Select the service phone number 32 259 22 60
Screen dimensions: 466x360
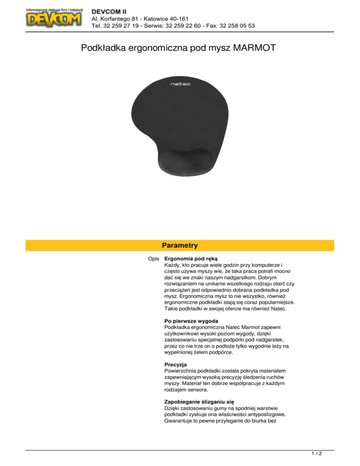pos(180,26)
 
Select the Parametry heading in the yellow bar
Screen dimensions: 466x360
pos(180,245)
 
